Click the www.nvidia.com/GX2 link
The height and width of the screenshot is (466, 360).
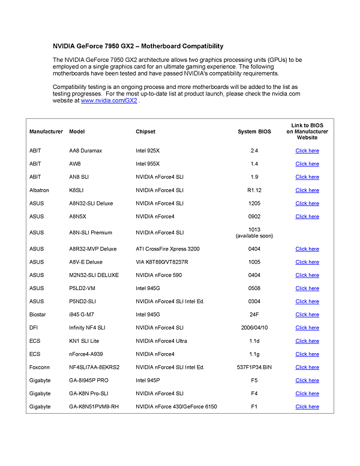click(x=109, y=101)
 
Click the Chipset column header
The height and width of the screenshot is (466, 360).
click(x=145, y=132)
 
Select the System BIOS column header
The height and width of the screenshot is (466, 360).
click(x=254, y=132)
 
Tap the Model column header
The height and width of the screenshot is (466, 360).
click(x=76, y=132)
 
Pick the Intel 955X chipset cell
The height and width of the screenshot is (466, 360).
click(x=148, y=164)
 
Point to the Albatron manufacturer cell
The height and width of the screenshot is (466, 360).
click(x=40, y=190)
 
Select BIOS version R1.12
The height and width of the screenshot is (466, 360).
click(x=254, y=190)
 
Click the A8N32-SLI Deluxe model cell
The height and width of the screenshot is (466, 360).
click(x=91, y=204)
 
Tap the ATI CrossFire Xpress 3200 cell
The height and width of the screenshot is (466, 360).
click(x=168, y=249)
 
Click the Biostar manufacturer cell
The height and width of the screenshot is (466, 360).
click(x=37, y=315)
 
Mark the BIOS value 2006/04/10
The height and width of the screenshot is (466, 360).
click(x=254, y=328)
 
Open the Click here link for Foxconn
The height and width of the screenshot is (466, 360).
click(x=307, y=368)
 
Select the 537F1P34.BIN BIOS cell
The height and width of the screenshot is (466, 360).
click(x=254, y=368)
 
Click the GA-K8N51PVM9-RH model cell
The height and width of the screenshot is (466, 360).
click(x=98, y=407)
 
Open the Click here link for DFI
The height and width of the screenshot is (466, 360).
click(x=307, y=328)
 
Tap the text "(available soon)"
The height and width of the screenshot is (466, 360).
click(x=254, y=235)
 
